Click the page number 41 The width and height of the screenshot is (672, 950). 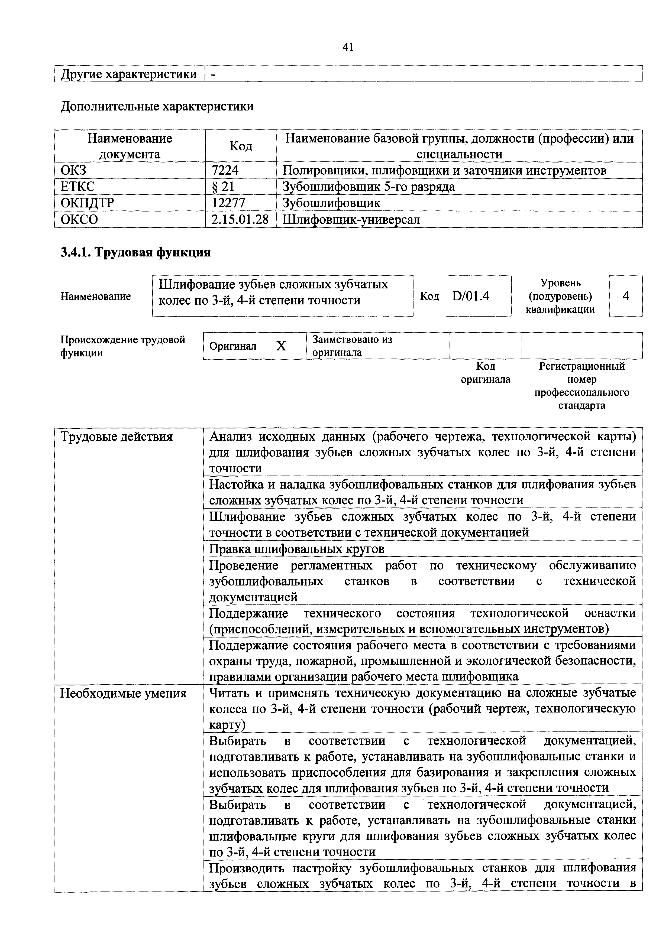(348, 47)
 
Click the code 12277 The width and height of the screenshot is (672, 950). (228, 203)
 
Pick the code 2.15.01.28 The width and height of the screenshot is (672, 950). (240, 219)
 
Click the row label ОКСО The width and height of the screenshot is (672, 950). (79, 219)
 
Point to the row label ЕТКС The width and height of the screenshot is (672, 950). (78, 187)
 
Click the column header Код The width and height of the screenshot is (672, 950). (241, 146)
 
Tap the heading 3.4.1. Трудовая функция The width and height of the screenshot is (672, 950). (136, 252)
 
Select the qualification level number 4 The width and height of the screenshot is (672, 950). (626, 296)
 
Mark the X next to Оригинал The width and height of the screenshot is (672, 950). (281, 346)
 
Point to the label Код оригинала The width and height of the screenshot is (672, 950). (486, 373)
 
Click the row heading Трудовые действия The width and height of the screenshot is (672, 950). (117, 437)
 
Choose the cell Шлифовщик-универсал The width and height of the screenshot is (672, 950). (351, 219)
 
